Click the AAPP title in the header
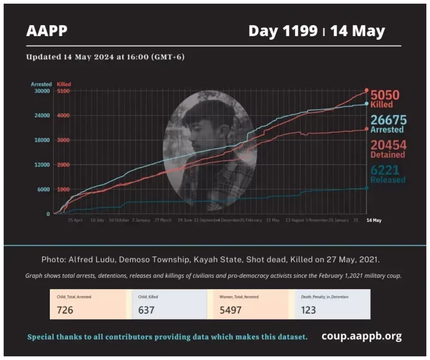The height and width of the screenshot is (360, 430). point(47,31)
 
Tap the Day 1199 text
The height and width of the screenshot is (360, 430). point(283,31)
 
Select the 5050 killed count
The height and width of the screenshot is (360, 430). point(385,95)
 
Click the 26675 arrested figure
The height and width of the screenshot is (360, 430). point(389,120)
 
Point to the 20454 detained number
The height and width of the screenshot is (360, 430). point(389,145)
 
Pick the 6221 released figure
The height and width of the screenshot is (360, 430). point(385,170)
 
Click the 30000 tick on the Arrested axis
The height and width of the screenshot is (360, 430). point(41,91)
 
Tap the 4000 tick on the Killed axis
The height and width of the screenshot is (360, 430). point(63,116)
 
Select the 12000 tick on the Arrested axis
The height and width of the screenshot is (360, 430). point(41,165)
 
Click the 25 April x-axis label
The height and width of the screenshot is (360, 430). point(76,221)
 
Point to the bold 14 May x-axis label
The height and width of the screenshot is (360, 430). point(373,221)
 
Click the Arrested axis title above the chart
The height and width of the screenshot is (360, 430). point(41,84)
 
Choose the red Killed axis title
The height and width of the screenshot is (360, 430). point(63,84)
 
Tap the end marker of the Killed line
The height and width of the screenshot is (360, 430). point(367,91)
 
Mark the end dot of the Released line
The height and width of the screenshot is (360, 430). point(367,188)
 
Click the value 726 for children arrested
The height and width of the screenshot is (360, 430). point(65,310)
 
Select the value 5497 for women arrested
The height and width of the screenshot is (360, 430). point(231,310)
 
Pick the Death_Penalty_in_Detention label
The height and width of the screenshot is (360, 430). point(325,297)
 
